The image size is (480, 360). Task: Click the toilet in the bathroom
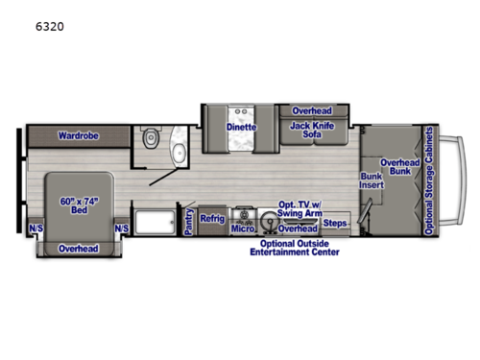(149, 140)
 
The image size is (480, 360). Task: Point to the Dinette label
(241, 127)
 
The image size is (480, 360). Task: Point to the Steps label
(334, 224)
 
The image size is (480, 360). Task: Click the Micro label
(242, 229)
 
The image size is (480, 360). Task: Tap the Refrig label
(212, 219)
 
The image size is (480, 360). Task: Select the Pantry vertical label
(188, 222)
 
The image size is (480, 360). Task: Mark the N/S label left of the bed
(36, 228)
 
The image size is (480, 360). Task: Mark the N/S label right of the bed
(122, 228)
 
